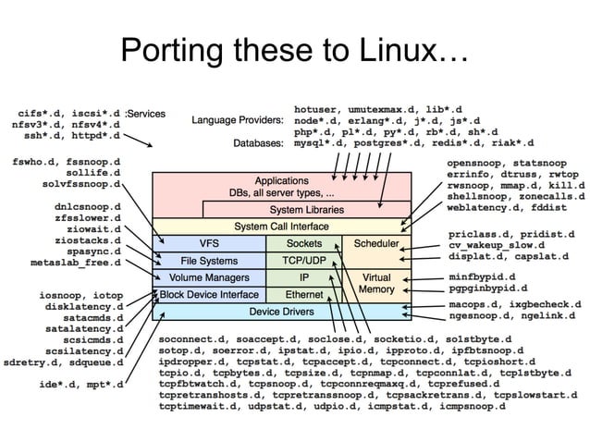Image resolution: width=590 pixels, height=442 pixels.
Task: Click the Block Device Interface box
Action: (x=210, y=295)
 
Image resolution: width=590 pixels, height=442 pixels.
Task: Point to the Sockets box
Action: (x=303, y=244)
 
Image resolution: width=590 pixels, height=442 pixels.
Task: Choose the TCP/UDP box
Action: (x=303, y=261)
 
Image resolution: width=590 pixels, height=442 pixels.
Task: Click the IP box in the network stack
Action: (x=303, y=277)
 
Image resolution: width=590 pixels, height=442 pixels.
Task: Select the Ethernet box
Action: (x=303, y=295)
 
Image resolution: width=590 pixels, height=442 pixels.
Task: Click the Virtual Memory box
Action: (x=376, y=284)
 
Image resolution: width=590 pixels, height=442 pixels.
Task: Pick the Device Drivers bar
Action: (x=281, y=312)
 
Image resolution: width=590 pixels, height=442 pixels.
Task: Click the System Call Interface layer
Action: (x=281, y=227)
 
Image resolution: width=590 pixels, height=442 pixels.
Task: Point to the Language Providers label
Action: (x=237, y=120)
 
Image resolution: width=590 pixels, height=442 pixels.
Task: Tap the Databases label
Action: (x=257, y=144)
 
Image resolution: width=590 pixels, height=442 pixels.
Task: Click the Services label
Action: (x=147, y=115)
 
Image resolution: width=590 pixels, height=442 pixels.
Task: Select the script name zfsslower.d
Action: (x=88, y=217)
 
